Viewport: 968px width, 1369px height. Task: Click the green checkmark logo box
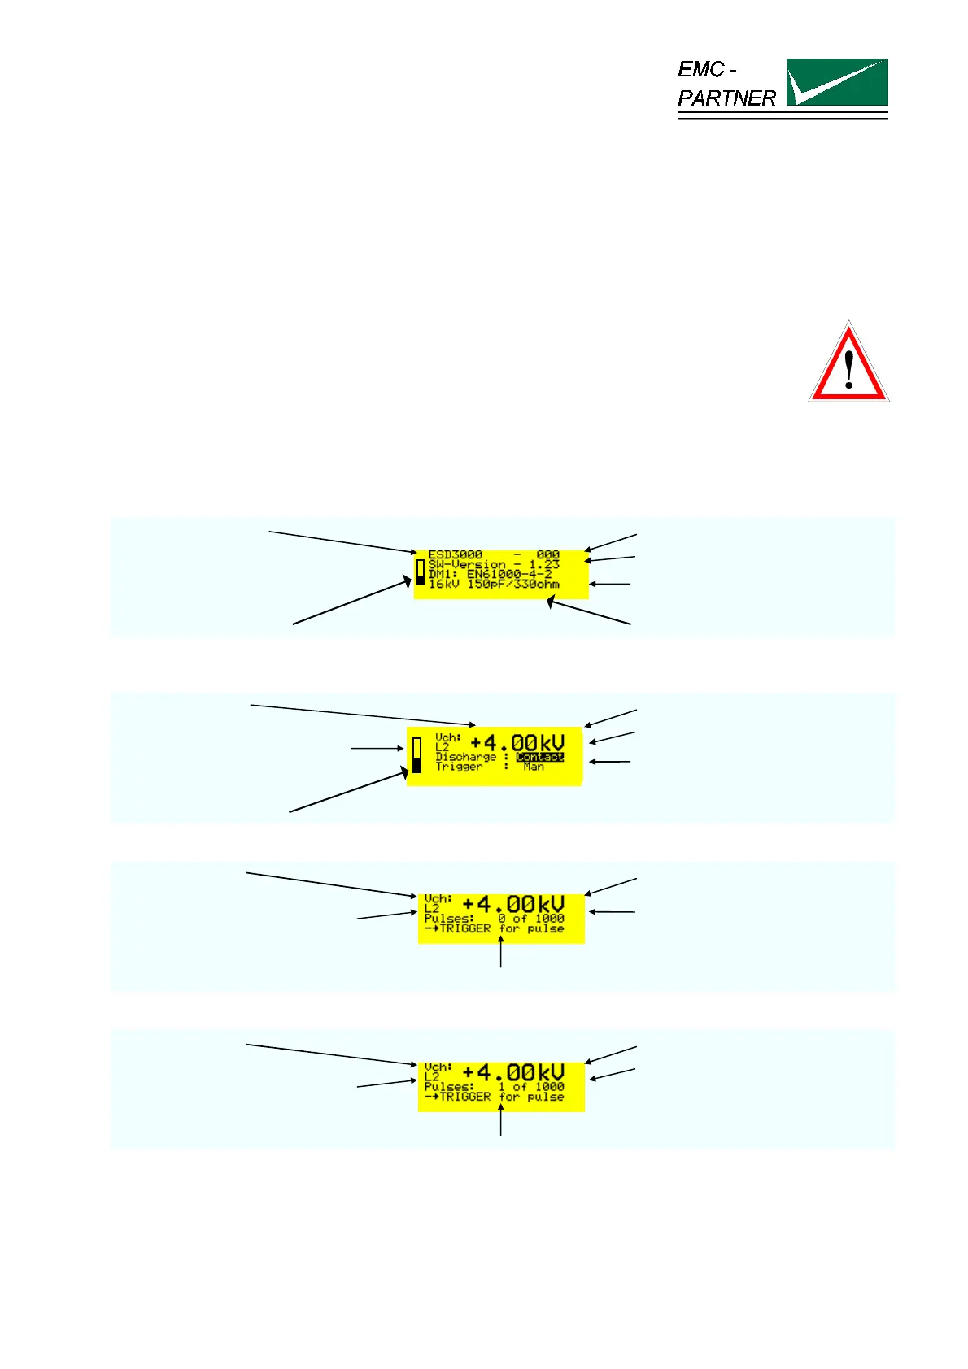(x=836, y=82)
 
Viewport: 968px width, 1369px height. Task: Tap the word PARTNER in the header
(x=726, y=98)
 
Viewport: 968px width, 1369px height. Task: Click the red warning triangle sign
(x=848, y=364)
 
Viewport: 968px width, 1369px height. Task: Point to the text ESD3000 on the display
(x=455, y=554)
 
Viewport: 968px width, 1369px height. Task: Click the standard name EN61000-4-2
(x=509, y=574)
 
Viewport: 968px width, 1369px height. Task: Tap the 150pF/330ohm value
(x=513, y=584)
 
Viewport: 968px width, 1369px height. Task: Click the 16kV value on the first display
(x=444, y=584)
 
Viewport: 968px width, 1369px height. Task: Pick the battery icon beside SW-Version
(x=420, y=572)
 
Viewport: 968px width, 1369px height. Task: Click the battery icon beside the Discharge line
(x=416, y=755)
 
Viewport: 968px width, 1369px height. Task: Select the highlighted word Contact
(x=539, y=757)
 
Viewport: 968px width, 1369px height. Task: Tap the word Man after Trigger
(x=534, y=767)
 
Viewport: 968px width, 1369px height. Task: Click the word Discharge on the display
(x=465, y=757)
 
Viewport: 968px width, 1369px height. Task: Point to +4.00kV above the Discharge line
(x=517, y=742)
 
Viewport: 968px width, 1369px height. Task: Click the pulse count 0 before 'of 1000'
(x=502, y=919)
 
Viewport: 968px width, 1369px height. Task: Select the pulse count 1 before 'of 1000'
(x=502, y=1087)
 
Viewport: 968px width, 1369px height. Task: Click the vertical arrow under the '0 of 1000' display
(x=500, y=952)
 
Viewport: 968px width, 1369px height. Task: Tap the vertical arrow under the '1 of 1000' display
(x=500, y=1120)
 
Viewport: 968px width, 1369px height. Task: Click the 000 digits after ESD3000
(x=547, y=554)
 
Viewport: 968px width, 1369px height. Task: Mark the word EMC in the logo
(x=700, y=70)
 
